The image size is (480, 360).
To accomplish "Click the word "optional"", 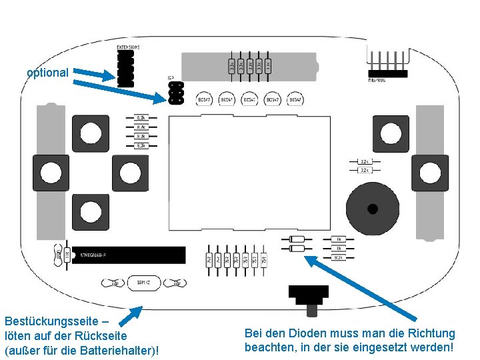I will (x=47, y=73).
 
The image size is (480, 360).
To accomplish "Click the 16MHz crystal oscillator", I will (x=142, y=283).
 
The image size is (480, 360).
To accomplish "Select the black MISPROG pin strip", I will (x=386, y=72).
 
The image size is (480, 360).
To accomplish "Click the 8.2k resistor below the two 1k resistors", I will (x=339, y=257).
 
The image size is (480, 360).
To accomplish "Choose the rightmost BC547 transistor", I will (x=295, y=99).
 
